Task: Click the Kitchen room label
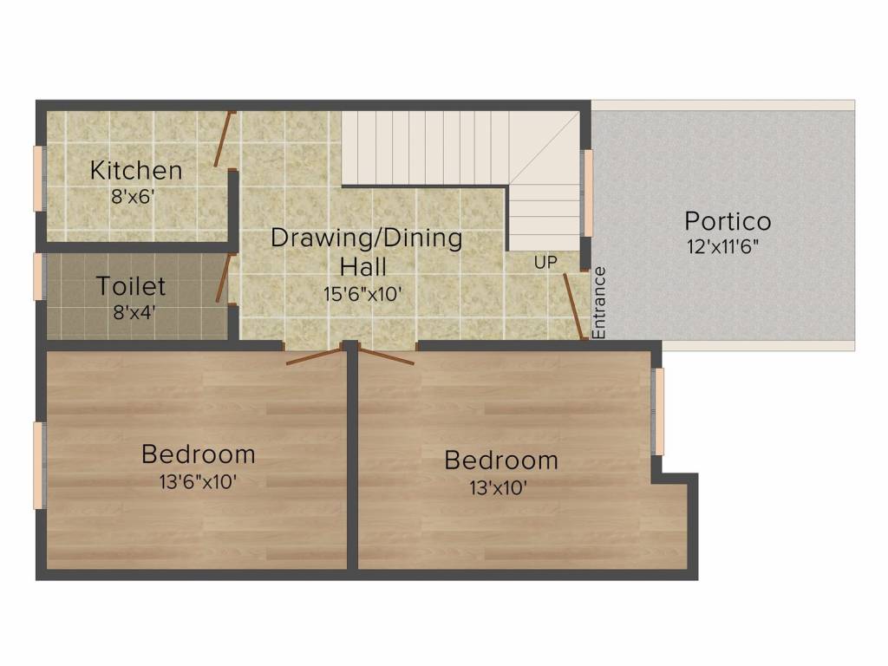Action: click(136, 170)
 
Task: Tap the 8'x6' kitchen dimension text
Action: click(133, 197)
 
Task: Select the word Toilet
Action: click(131, 285)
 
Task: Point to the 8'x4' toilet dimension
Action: click(134, 312)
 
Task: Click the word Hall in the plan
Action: click(363, 266)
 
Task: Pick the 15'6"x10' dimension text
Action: click(363, 294)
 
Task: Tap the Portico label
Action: click(728, 221)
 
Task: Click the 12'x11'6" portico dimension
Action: click(722, 247)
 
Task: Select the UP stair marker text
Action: click(545, 262)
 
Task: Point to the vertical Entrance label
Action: click(598, 303)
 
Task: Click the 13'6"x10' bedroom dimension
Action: click(198, 482)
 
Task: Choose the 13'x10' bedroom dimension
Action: click(499, 487)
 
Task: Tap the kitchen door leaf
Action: click(225, 139)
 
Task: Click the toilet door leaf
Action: click(223, 277)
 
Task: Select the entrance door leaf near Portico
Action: click(575, 306)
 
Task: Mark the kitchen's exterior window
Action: click(39, 179)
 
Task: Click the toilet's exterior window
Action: click(39, 277)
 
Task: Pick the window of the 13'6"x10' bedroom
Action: click(39, 465)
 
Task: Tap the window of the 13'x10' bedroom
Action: click(658, 412)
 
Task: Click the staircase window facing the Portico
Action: click(587, 193)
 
